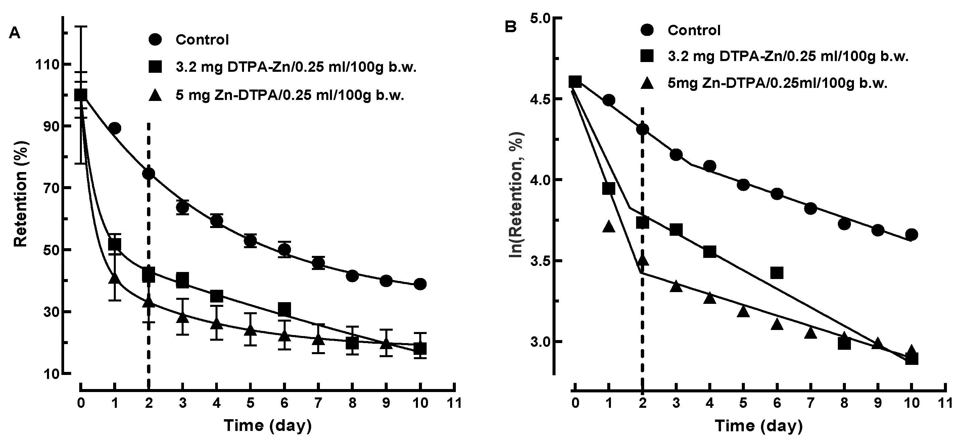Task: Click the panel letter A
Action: point(14,34)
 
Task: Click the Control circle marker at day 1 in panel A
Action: point(115,128)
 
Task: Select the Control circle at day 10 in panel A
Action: point(420,284)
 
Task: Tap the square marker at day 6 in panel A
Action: point(285,309)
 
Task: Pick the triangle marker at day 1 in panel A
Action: point(114,278)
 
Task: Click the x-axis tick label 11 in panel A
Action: point(454,403)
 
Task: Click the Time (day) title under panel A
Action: point(268,425)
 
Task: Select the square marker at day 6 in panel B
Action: point(777,273)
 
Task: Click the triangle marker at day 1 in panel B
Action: point(609,226)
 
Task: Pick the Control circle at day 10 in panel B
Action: point(912,234)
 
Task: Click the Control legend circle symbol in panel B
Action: point(648,31)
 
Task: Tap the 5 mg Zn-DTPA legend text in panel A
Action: point(290,96)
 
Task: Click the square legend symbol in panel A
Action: point(155,68)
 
